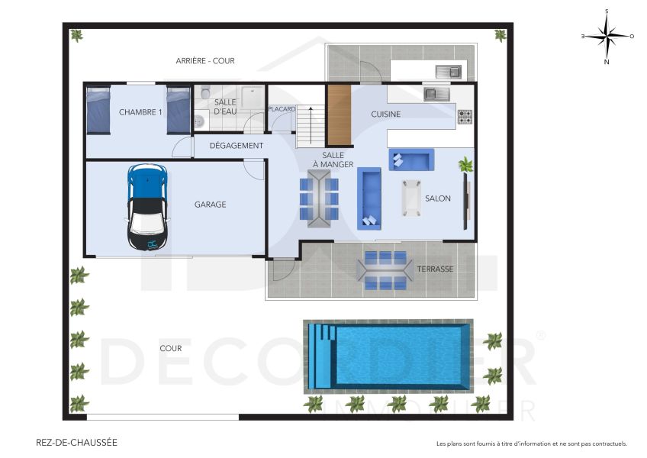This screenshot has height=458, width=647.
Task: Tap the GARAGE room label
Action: coord(210,205)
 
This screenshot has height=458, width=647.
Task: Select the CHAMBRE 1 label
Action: coord(140,112)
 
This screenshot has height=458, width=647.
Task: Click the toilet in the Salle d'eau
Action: coord(199,119)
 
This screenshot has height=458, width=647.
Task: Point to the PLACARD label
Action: coord(282,109)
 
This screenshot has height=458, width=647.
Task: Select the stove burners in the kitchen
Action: coord(465,117)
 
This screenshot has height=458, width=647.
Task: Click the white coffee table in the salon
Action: coord(411,198)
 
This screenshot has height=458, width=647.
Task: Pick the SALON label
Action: coord(438,198)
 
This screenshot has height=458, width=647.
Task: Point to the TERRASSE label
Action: coord(435,269)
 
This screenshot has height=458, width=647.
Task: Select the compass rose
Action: coord(607,35)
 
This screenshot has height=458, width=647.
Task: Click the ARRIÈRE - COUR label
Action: coord(205,61)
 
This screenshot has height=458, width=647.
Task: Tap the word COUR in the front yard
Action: coord(171,348)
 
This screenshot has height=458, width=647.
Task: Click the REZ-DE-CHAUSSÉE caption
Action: coord(77,442)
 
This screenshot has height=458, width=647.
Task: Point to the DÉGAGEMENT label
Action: coord(237,146)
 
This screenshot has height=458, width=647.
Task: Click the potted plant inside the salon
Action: coord(465,164)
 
